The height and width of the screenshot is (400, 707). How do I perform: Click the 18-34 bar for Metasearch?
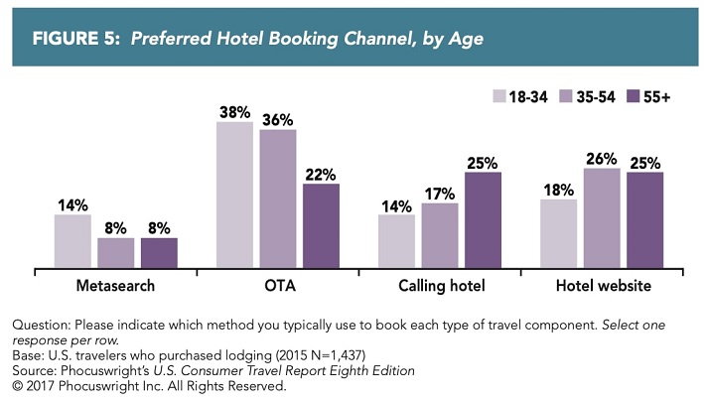(x=72, y=241)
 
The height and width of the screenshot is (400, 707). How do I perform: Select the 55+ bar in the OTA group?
(x=321, y=225)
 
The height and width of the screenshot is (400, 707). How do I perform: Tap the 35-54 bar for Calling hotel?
(x=440, y=235)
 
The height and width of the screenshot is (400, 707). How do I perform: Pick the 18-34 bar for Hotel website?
(x=558, y=233)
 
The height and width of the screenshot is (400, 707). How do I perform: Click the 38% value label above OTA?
(x=234, y=112)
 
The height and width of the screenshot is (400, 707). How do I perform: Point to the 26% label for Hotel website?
(x=602, y=158)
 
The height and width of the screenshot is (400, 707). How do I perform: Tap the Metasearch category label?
(x=115, y=287)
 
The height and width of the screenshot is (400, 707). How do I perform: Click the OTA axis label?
(x=277, y=287)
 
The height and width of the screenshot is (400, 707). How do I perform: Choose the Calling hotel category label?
(x=440, y=287)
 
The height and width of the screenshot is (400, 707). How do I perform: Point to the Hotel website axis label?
(x=602, y=287)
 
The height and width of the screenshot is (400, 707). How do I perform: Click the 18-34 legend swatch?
(x=499, y=96)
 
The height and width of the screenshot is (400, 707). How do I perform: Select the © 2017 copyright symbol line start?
(x=17, y=386)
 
